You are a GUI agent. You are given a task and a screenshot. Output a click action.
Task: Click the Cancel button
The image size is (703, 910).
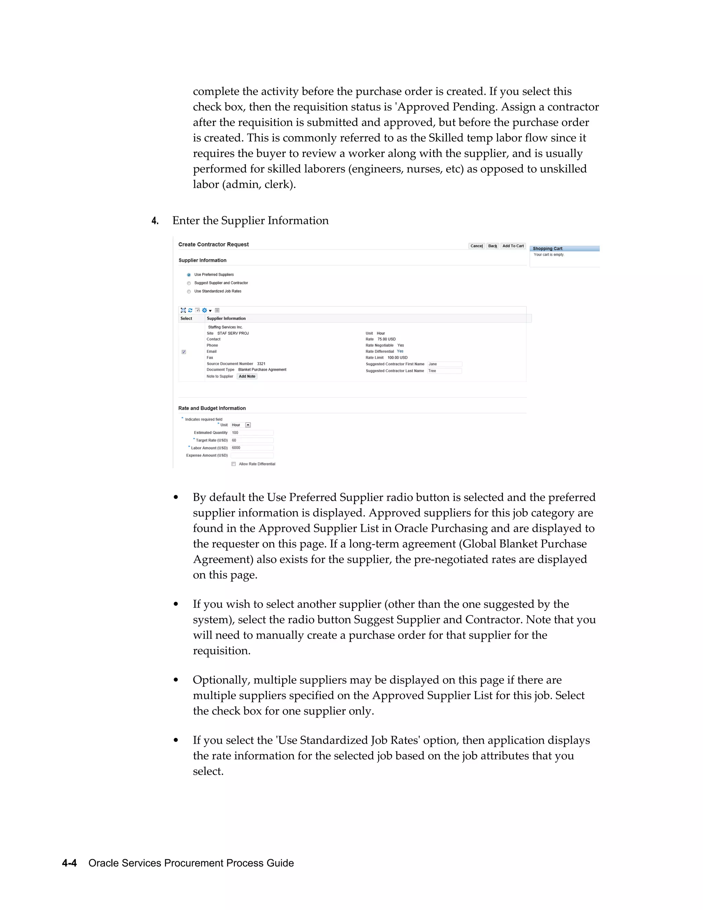click(476, 246)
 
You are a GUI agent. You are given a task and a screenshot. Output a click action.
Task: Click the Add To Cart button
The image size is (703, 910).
click(513, 246)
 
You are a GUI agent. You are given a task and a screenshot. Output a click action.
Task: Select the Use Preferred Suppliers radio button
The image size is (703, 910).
click(189, 275)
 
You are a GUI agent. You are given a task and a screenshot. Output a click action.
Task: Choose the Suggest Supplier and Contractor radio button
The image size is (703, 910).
click(189, 283)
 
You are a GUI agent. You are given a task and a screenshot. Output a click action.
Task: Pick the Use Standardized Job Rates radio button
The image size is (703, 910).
click(189, 292)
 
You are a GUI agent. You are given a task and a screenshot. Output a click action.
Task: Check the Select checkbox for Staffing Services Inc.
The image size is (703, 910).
click(184, 352)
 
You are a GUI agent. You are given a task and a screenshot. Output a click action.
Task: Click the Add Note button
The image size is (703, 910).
click(247, 376)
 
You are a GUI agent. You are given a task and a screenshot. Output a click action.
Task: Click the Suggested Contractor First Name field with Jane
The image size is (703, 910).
click(445, 364)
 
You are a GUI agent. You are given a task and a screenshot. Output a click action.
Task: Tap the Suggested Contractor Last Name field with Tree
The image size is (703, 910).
click(445, 371)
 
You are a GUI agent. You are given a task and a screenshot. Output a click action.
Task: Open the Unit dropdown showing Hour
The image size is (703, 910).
click(248, 425)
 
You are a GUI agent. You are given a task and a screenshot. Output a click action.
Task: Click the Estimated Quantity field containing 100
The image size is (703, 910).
click(252, 432)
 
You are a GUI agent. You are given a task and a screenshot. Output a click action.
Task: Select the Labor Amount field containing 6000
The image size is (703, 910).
click(252, 448)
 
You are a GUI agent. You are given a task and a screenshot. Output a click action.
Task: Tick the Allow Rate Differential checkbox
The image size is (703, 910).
click(234, 464)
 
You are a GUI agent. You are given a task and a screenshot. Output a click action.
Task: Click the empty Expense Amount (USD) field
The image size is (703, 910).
click(252, 455)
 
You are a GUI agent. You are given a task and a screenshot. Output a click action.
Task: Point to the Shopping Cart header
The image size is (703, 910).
click(547, 249)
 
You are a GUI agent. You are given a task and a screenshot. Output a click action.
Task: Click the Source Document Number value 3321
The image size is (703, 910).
click(261, 364)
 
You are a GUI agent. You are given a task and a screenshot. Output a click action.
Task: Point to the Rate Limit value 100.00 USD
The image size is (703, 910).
click(397, 357)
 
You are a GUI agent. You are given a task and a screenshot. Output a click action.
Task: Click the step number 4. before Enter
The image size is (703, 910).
click(155, 221)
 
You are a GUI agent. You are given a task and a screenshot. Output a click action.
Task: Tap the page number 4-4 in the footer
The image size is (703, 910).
click(69, 863)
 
